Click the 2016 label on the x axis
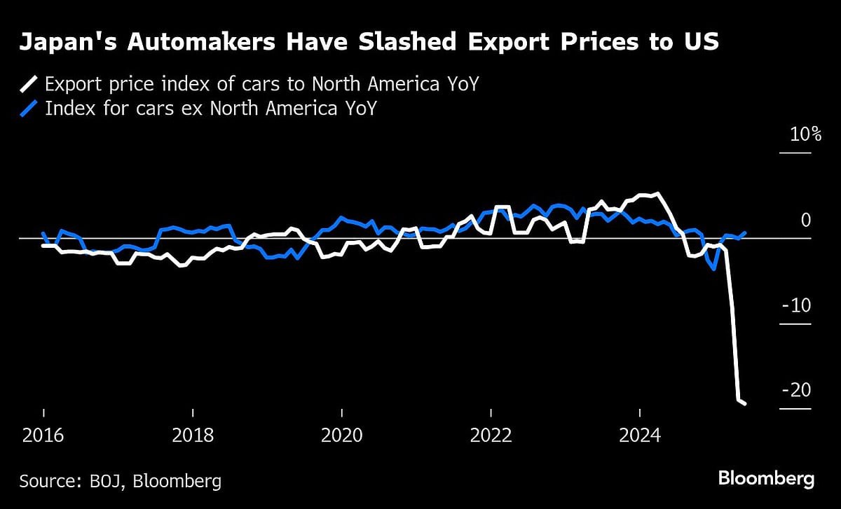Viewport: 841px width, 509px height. coord(43,435)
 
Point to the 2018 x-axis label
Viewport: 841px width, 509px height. coord(193,435)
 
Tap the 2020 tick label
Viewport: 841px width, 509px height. coord(341,435)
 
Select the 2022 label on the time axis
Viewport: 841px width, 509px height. coord(491,435)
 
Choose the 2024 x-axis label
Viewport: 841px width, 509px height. coord(640,435)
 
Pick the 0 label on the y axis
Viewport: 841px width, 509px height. coord(806,221)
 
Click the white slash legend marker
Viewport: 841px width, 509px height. coord(28,85)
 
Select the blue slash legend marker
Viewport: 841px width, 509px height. coord(28,109)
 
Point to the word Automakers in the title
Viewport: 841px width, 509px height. coord(182,43)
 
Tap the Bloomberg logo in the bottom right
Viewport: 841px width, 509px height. coord(766,480)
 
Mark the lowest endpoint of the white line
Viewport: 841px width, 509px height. coord(745,403)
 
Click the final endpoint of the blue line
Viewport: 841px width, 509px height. coord(745,232)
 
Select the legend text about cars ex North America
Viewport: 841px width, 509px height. coord(210,109)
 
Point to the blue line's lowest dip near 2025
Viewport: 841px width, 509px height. coord(714,269)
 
